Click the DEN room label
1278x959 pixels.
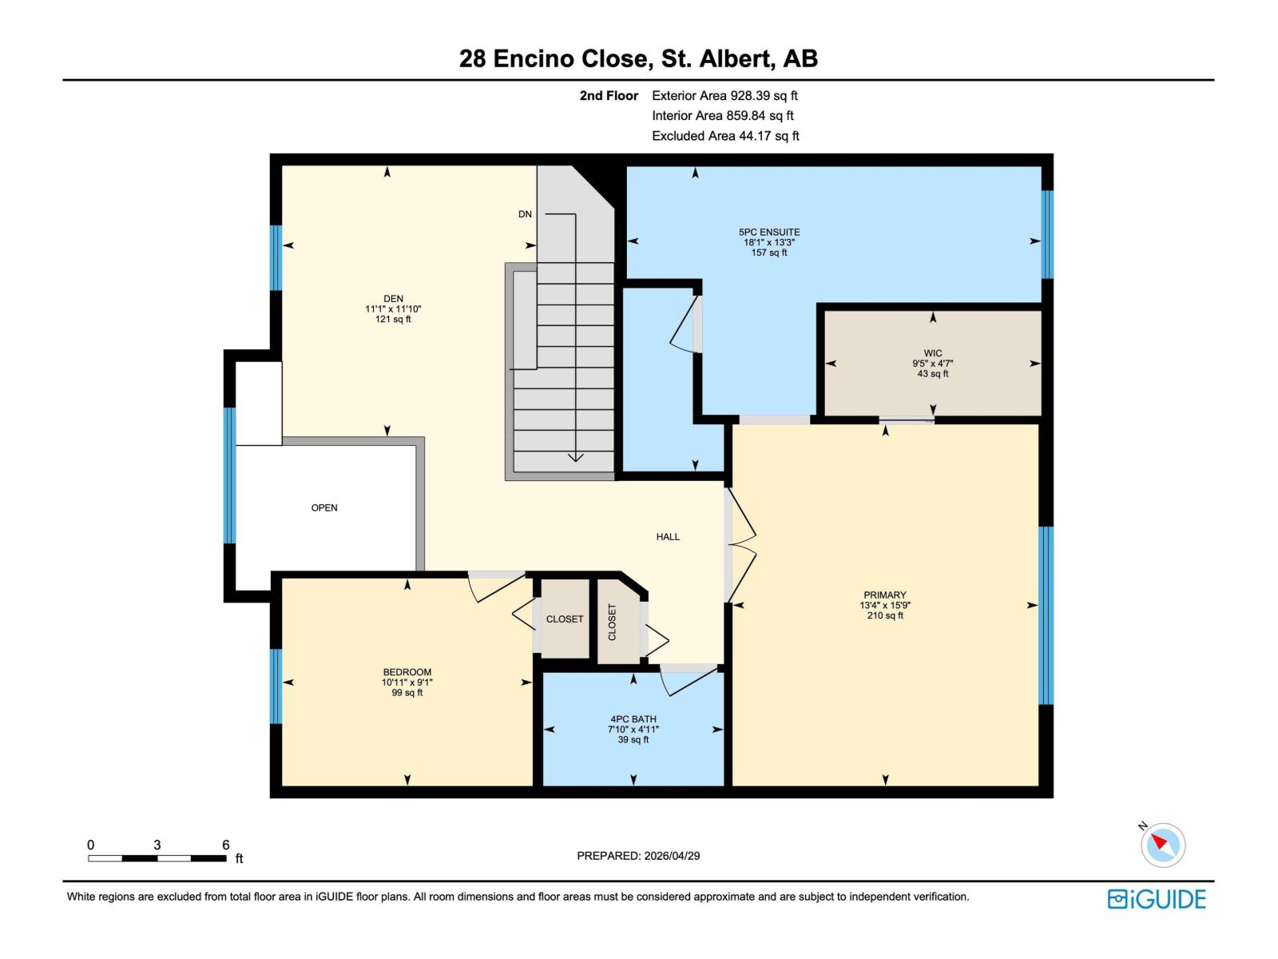pyautogui.click(x=393, y=299)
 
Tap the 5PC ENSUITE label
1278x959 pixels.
pyautogui.click(x=768, y=233)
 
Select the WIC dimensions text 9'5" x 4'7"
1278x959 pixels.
pyautogui.click(x=933, y=364)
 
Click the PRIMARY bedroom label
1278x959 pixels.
pyautogui.click(x=884, y=595)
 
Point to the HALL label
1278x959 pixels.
pyautogui.click(x=668, y=537)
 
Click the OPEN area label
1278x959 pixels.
pyautogui.click(x=324, y=507)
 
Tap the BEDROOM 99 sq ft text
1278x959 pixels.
pyautogui.click(x=407, y=693)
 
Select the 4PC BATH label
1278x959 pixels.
pyautogui.click(x=633, y=719)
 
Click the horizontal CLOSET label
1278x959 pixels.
pyautogui.click(x=565, y=619)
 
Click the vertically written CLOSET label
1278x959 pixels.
pyautogui.click(x=613, y=622)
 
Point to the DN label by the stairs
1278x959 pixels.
pyautogui.click(x=525, y=214)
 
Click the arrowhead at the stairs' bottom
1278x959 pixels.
pyautogui.click(x=575, y=458)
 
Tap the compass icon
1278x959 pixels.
pyautogui.click(x=1163, y=845)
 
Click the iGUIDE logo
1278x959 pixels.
pyautogui.click(x=1156, y=899)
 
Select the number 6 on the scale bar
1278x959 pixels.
pyautogui.click(x=226, y=845)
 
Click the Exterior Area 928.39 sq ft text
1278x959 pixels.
pyautogui.click(x=724, y=96)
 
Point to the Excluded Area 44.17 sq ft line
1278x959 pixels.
pyautogui.click(x=725, y=136)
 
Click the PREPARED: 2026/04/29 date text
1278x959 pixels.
pyautogui.click(x=638, y=856)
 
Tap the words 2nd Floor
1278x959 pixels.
pyautogui.click(x=609, y=96)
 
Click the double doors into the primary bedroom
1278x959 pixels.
pyautogui.click(x=740, y=545)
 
